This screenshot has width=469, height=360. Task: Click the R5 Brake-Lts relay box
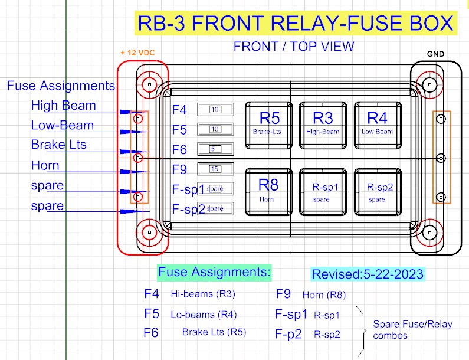[x=268, y=125]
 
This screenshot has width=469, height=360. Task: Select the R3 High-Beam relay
[x=323, y=125]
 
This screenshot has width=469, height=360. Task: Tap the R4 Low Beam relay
[x=378, y=125]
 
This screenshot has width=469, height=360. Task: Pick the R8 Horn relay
[x=268, y=192]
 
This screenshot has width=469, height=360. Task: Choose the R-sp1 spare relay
[x=323, y=192]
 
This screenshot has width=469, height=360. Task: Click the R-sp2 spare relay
[x=378, y=192]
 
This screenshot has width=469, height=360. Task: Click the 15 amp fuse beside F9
[x=215, y=169]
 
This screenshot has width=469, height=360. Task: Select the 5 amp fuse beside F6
[x=215, y=149]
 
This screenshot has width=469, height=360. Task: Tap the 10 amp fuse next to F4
[x=215, y=110]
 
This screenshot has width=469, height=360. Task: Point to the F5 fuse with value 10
[x=215, y=129]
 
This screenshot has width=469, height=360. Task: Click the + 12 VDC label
[x=137, y=53]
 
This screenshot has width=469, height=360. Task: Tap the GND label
[x=435, y=54]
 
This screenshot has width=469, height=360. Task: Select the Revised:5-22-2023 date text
[x=368, y=274]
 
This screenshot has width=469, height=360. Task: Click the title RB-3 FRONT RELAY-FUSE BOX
[x=296, y=23]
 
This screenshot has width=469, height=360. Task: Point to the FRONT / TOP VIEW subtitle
[x=294, y=47]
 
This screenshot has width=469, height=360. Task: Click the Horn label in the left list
[x=45, y=165]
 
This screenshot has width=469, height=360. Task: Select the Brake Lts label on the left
[x=58, y=145]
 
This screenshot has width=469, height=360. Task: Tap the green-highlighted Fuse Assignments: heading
[x=214, y=272]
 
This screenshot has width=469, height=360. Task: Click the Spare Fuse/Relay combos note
[x=412, y=330]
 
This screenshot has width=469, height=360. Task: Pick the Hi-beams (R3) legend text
[x=203, y=294]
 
